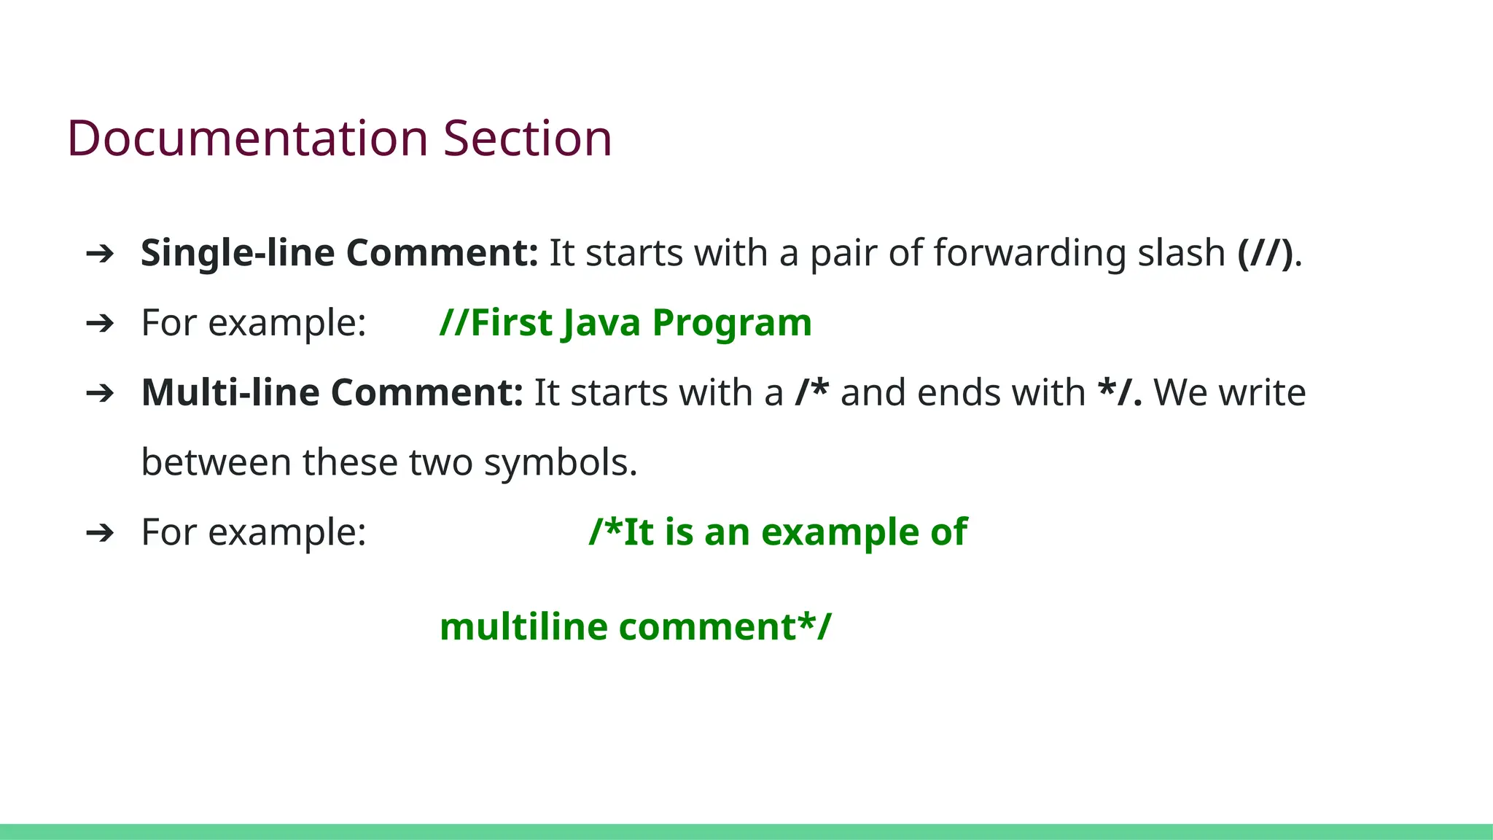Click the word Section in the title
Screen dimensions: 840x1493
point(527,139)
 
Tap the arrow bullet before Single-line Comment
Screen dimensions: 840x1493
point(100,254)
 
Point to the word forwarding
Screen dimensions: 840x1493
point(1029,254)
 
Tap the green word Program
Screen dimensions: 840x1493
point(732,323)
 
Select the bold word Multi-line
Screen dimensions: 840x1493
point(230,392)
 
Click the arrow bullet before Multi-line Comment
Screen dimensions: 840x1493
point(100,394)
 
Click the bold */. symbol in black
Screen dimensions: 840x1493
point(1119,392)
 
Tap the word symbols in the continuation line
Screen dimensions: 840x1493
point(560,462)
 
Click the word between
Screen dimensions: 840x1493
point(216,462)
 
